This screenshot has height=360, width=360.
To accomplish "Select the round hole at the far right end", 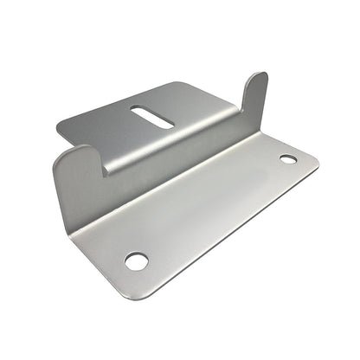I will click(x=287, y=159).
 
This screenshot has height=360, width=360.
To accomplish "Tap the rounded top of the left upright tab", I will click(x=76, y=151).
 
